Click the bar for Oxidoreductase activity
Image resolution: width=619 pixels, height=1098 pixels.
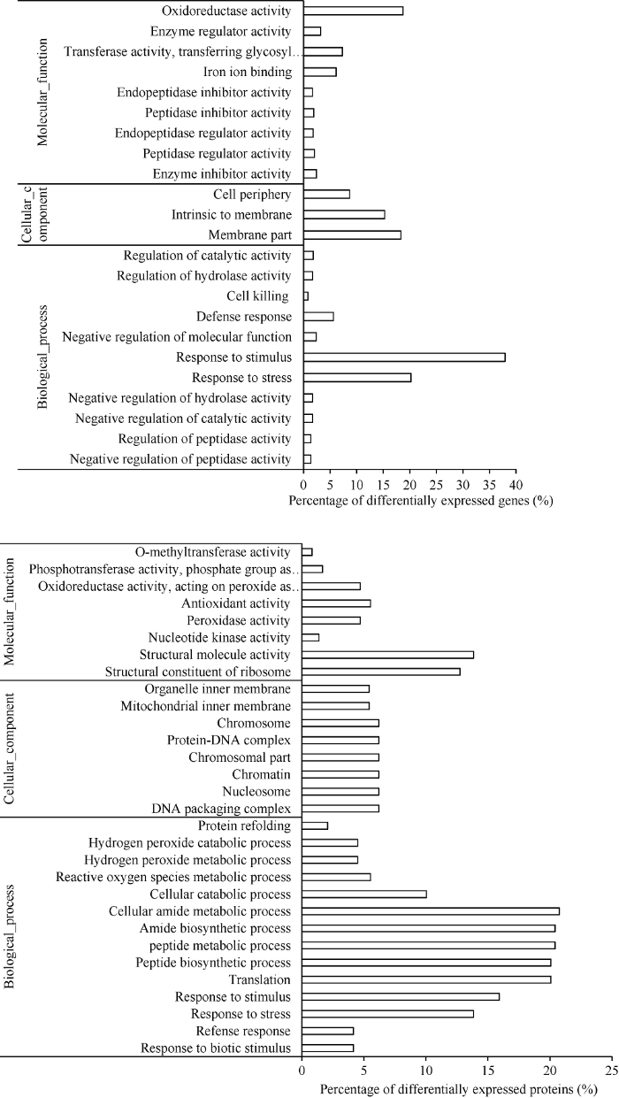(354, 11)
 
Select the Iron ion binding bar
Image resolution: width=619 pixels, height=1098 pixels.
(320, 72)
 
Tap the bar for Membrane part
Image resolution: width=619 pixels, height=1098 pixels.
(352, 235)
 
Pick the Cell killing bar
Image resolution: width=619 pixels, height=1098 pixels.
(306, 296)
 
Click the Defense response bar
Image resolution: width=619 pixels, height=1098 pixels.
(318, 317)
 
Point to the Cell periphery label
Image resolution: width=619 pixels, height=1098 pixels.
(252, 195)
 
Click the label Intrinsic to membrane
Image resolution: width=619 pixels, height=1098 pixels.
(232, 215)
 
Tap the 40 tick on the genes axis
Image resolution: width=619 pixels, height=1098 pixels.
(516, 485)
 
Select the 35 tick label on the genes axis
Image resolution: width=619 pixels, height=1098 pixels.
(489, 485)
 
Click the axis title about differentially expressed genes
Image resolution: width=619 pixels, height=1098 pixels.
(421, 501)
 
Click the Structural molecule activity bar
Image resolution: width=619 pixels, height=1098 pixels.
(387, 655)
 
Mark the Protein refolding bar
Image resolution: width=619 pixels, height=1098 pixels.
(315, 826)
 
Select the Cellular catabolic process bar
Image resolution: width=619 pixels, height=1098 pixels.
(364, 895)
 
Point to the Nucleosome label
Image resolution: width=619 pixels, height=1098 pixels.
(256, 792)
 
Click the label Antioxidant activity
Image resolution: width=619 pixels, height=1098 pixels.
(236, 603)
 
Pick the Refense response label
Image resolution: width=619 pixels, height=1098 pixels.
(243, 1031)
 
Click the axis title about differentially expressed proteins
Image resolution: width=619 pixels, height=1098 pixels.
(459, 1089)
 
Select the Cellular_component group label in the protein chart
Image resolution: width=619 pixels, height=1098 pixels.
(10, 748)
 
